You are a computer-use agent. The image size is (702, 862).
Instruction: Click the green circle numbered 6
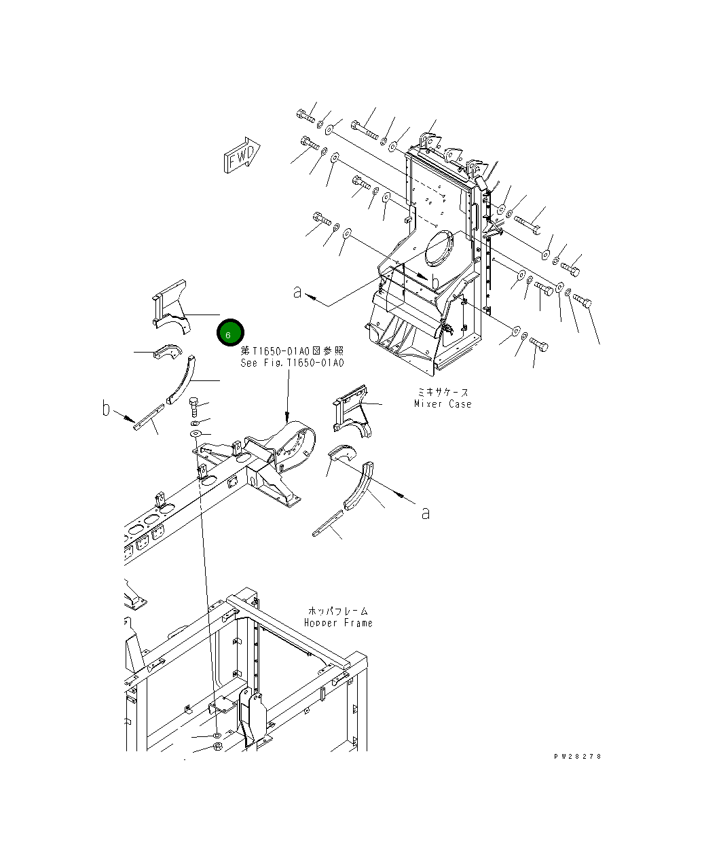click(229, 334)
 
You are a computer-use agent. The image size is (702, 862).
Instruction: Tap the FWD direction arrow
click(242, 157)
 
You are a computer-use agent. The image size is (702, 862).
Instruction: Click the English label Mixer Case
click(443, 404)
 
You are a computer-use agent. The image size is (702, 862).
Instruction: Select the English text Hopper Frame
click(338, 623)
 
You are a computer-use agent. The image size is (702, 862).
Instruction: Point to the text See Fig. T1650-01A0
click(293, 363)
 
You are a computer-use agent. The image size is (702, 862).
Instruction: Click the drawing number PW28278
click(577, 757)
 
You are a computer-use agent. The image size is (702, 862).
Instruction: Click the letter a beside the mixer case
click(297, 292)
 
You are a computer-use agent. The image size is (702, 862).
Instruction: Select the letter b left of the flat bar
click(106, 408)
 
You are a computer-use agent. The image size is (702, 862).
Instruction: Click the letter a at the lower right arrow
click(426, 513)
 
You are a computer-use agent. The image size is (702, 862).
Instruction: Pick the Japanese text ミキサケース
click(442, 393)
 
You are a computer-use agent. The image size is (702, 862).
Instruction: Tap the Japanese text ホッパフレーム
click(338, 611)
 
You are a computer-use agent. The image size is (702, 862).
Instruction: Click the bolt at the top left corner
click(306, 116)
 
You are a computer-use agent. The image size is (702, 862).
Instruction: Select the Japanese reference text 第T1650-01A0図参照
click(293, 351)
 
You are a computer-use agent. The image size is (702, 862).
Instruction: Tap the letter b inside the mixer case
click(435, 281)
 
